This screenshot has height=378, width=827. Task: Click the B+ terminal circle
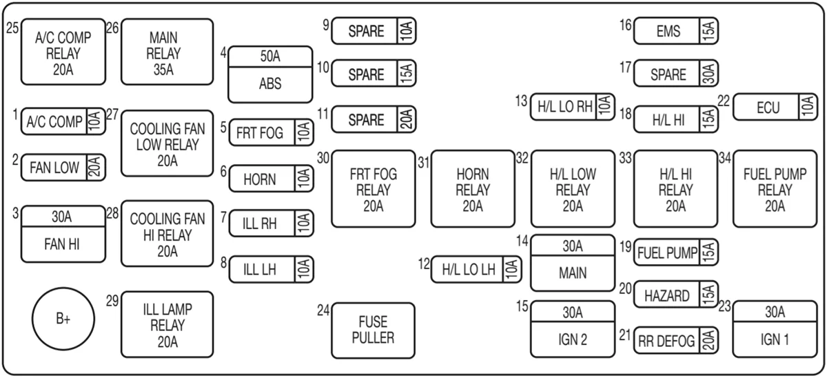pos(63,319)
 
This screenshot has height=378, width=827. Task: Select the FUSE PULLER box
pos(374,330)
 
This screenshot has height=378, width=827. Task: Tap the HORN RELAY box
pos(473,188)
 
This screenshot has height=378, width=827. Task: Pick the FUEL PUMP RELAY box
pos(775,188)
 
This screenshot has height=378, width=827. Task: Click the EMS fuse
pos(676,30)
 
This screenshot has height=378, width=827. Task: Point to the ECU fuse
pos(775,107)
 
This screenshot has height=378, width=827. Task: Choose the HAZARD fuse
pos(676,295)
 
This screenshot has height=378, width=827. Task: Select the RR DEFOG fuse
pos(676,340)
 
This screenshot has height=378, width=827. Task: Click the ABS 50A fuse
pos(270,74)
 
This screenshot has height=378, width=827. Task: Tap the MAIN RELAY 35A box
pos(167,52)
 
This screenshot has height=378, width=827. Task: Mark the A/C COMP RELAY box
pos(63,52)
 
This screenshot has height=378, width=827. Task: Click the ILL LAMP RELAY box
pos(167,324)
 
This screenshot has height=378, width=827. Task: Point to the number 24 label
pos(323,310)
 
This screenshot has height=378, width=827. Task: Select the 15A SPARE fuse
pos(374,73)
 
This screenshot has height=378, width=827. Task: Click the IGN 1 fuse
pos(775,329)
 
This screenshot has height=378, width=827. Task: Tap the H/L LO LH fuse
pos(476,270)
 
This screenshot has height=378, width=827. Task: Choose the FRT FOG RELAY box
pos(374,188)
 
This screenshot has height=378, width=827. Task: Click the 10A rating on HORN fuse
pos(304,179)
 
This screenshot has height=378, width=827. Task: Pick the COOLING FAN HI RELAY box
pos(167,234)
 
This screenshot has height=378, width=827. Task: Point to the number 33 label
pos(626,158)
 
